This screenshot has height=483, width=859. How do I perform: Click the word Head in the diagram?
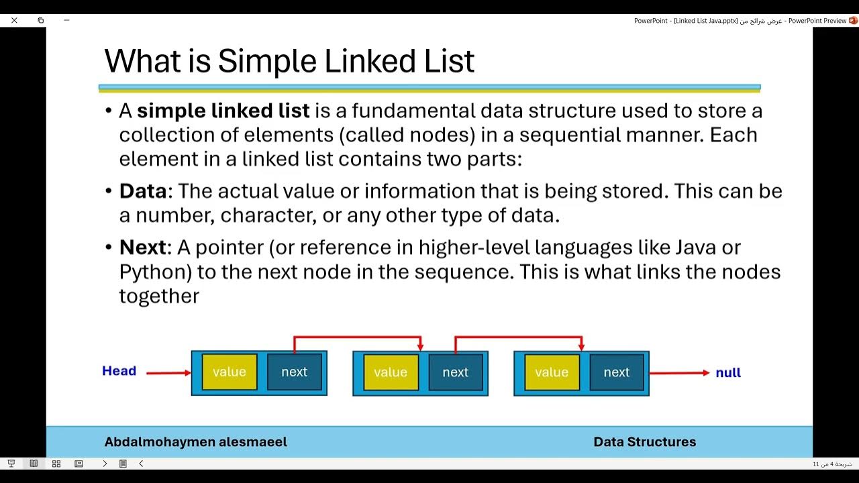tap(119, 371)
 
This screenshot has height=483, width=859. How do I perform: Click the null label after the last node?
tap(727, 373)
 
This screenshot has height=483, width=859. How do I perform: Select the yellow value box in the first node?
tap(230, 372)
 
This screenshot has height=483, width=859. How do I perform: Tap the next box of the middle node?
tap(455, 372)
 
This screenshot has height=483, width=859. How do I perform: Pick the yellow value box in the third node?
tap(552, 372)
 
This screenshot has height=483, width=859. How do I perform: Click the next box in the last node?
tap(616, 372)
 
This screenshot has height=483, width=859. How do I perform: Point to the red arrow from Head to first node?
tap(167, 373)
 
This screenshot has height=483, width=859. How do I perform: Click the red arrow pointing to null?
tap(678, 373)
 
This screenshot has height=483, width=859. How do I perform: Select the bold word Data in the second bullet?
tap(142, 192)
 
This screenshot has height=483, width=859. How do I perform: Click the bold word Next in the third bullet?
tap(142, 248)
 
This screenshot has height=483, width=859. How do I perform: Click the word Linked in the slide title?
tap(369, 61)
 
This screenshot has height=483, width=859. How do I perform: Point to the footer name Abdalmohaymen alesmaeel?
tap(195, 442)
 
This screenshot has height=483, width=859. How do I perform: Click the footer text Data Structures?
tap(644, 442)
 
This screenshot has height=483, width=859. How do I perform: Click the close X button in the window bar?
tap(14, 20)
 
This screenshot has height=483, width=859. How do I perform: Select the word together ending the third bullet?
tap(159, 297)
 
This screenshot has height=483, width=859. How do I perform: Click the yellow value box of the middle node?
tap(391, 372)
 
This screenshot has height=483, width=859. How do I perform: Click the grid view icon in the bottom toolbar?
tap(56, 464)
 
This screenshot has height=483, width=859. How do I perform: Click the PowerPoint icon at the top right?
tap(853, 21)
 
